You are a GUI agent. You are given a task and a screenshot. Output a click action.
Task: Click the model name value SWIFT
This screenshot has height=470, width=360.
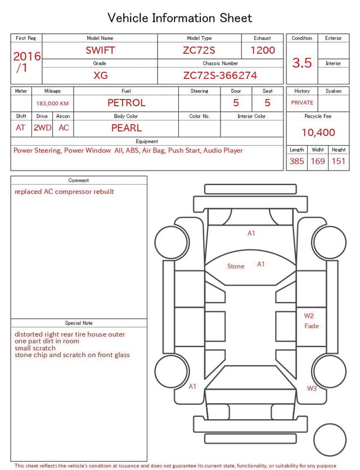click(x=100, y=50)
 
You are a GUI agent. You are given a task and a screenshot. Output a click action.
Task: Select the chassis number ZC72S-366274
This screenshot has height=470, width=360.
click(x=220, y=75)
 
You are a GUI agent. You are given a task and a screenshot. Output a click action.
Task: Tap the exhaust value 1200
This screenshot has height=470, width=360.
click(x=263, y=50)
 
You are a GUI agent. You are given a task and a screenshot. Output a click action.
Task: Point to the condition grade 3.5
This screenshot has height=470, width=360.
click(x=302, y=62)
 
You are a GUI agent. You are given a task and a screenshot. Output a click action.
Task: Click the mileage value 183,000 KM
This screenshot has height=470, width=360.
click(x=52, y=104)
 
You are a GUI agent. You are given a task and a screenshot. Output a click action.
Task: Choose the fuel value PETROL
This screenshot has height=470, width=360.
click(x=126, y=103)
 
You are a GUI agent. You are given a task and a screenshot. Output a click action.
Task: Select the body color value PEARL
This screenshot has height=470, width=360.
click(x=126, y=128)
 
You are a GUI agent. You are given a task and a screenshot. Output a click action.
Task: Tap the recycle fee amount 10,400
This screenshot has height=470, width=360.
click(x=318, y=133)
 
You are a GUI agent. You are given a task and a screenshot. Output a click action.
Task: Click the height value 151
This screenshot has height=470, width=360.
click(x=339, y=161)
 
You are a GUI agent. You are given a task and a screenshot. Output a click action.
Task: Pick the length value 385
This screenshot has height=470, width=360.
click(x=297, y=161)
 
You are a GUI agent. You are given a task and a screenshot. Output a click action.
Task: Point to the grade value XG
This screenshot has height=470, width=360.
click(x=100, y=75)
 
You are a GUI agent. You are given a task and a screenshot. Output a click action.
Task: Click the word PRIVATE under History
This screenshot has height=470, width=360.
click(x=302, y=103)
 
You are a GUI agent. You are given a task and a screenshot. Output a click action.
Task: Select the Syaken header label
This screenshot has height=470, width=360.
click(x=333, y=91)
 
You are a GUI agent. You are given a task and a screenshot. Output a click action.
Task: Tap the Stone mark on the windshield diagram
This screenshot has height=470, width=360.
click(x=236, y=266)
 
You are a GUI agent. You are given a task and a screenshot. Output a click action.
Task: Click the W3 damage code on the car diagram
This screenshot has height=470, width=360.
click(x=312, y=388)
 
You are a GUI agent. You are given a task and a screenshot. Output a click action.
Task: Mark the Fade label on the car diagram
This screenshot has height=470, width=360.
click(x=311, y=326)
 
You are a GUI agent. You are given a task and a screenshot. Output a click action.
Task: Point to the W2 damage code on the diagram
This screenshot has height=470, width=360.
click(x=309, y=316)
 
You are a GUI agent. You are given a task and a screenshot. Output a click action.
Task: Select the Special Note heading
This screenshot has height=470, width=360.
click(x=79, y=323)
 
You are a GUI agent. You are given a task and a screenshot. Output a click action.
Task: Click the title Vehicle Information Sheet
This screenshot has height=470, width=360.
click(x=180, y=18)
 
